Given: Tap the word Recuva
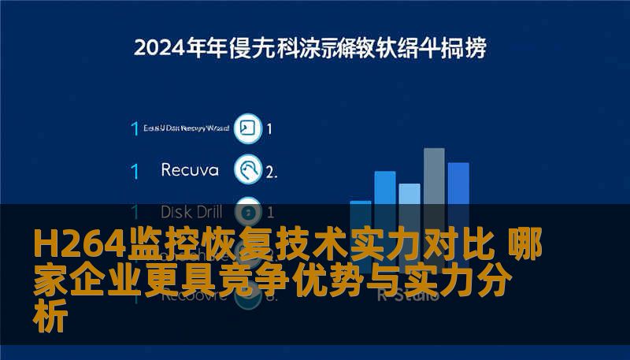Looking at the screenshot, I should click(x=190, y=169).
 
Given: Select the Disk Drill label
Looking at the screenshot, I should click(x=191, y=211).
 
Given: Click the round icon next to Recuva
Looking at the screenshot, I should click(x=248, y=169).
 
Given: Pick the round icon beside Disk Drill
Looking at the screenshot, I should click(x=248, y=211).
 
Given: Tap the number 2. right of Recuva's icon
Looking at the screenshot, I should click(x=271, y=170).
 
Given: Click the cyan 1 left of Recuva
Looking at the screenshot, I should click(x=135, y=170).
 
